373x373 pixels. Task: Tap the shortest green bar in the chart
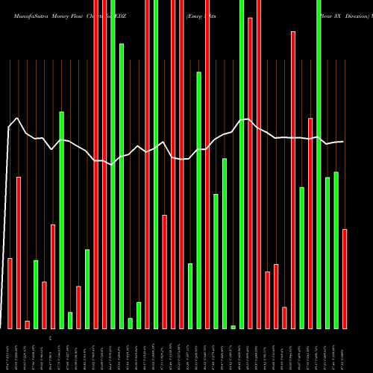233,327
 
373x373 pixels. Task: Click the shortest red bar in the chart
28,325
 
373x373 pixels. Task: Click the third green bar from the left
70,320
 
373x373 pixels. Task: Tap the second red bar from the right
310,223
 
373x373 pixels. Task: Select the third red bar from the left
28,325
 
